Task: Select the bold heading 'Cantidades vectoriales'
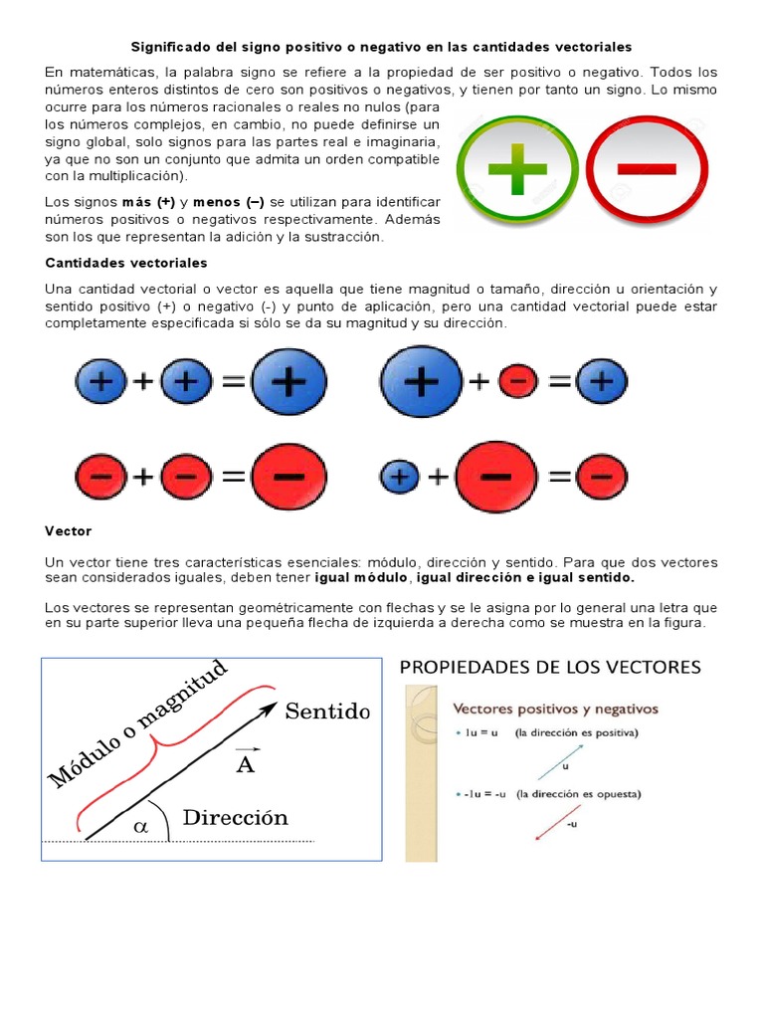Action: click(126, 263)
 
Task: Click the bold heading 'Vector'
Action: click(68, 531)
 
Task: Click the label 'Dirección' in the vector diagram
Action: click(235, 817)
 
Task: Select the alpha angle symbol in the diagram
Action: click(139, 825)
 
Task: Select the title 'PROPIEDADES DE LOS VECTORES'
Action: click(550, 667)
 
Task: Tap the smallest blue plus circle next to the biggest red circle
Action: click(399, 478)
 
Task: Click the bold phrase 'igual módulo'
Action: click(362, 577)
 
